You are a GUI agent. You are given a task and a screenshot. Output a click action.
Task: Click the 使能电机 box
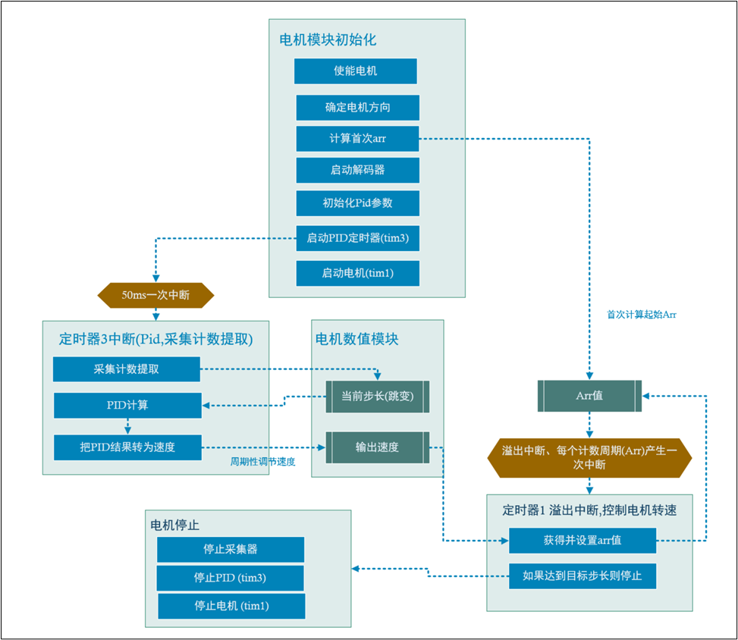tap(356, 71)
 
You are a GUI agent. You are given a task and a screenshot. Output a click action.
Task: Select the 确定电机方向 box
tap(357, 107)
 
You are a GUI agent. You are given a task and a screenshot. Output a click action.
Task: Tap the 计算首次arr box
tap(357, 139)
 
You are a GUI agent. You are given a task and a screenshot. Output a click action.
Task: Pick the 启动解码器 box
tap(357, 170)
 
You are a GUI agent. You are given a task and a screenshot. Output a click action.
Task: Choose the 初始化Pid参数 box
tap(357, 203)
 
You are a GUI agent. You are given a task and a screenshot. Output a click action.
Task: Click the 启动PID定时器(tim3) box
tap(357, 238)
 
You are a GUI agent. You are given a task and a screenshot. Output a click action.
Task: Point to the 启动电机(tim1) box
tap(357, 273)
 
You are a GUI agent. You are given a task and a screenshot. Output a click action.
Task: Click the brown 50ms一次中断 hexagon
tap(155, 293)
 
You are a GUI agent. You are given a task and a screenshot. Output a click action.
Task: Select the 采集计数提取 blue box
tap(126, 369)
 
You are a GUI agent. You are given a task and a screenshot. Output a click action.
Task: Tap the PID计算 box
tap(127, 406)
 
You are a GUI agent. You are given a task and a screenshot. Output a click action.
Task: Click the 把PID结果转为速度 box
tap(127, 447)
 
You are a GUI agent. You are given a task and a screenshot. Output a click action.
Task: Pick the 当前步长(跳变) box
tap(377, 396)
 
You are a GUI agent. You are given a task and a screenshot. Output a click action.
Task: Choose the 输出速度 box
tap(377, 447)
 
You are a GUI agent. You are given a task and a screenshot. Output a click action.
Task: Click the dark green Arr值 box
tap(589, 396)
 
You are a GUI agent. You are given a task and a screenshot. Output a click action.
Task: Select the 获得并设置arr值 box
tap(582, 541)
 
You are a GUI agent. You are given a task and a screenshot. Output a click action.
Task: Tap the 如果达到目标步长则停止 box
tap(582, 576)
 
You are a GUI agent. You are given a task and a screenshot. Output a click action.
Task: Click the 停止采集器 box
tap(231, 549)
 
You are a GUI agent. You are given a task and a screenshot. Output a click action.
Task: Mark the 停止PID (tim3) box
tap(231, 578)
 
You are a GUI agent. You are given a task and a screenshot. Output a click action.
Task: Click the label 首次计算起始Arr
tap(641, 313)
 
